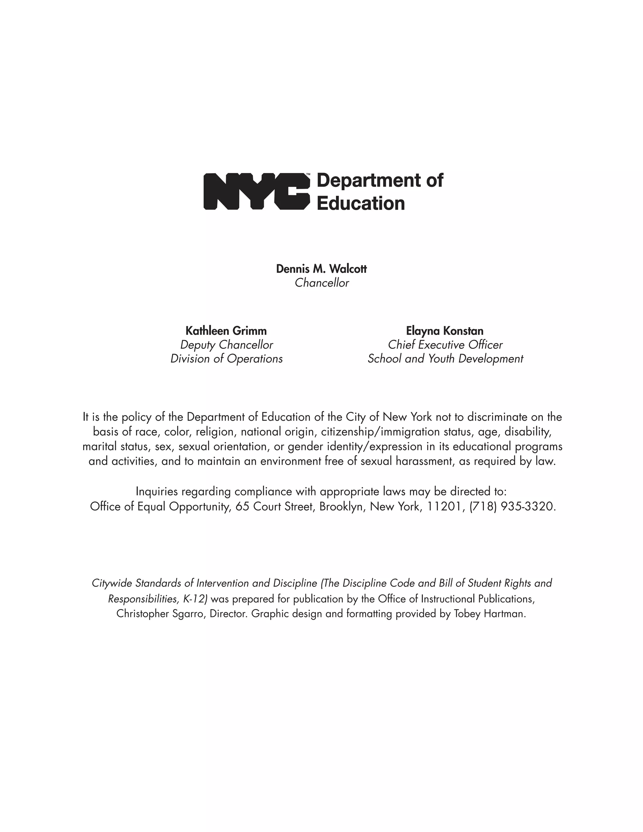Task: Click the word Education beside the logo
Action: (x=360, y=203)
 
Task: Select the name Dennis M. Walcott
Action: (x=321, y=269)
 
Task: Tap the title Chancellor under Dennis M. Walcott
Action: (x=321, y=283)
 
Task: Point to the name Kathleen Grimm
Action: (x=226, y=331)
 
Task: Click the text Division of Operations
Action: (x=226, y=359)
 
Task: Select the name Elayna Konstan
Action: (x=445, y=331)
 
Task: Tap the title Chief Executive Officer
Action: (x=445, y=345)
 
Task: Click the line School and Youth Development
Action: (x=445, y=359)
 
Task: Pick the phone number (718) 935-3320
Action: (x=512, y=507)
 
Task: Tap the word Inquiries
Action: (x=157, y=492)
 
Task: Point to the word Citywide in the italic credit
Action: (x=112, y=583)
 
